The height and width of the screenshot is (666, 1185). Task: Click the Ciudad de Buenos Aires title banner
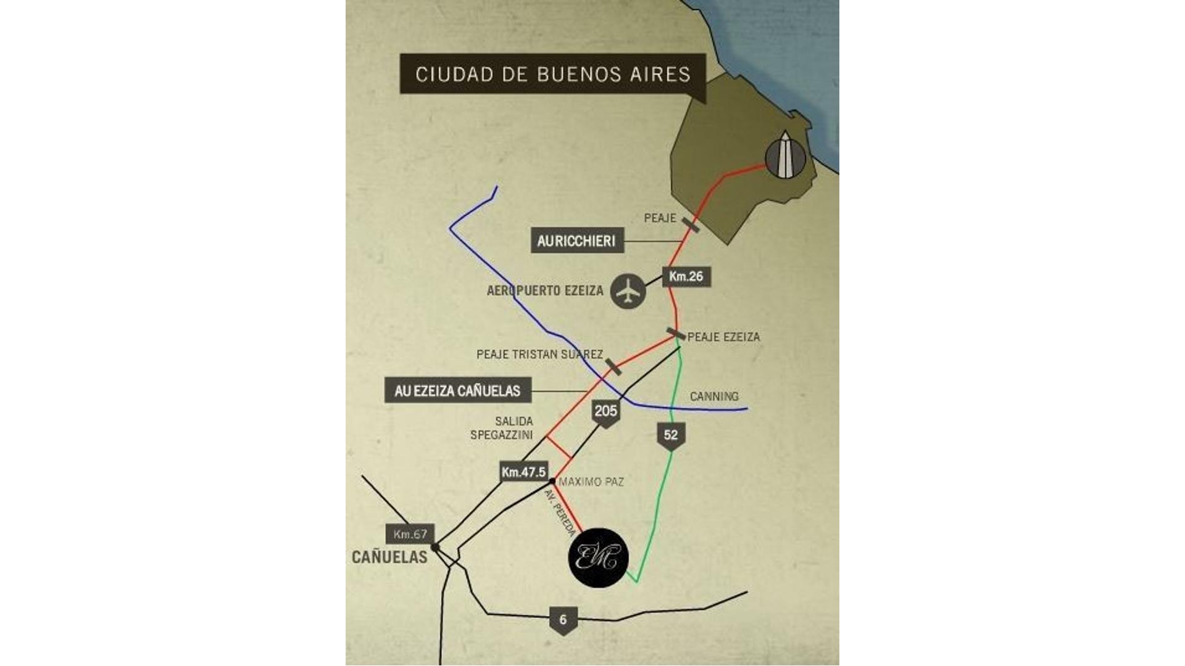click(552, 74)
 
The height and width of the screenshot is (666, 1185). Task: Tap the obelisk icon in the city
click(785, 157)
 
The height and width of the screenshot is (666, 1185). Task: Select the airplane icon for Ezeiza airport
click(628, 291)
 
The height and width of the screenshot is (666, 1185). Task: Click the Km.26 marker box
click(686, 276)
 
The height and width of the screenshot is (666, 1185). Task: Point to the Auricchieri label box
click(576, 240)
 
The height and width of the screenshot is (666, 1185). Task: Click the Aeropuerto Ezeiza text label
click(545, 291)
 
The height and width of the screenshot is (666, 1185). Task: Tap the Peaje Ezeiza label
click(723, 337)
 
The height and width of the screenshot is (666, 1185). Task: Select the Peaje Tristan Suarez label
click(539, 355)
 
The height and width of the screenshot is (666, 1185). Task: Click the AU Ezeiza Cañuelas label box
click(457, 390)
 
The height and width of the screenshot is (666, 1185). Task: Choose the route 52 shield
click(671, 435)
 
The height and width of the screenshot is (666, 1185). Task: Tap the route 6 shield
click(562, 620)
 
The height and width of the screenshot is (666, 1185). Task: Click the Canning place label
click(714, 397)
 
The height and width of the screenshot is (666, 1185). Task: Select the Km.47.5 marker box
click(523, 472)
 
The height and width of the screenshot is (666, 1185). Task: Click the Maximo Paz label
click(591, 482)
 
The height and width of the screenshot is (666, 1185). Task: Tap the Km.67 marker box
click(410, 534)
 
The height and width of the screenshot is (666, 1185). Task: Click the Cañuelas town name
click(389, 557)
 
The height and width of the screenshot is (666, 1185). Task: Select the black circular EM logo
click(597, 557)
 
